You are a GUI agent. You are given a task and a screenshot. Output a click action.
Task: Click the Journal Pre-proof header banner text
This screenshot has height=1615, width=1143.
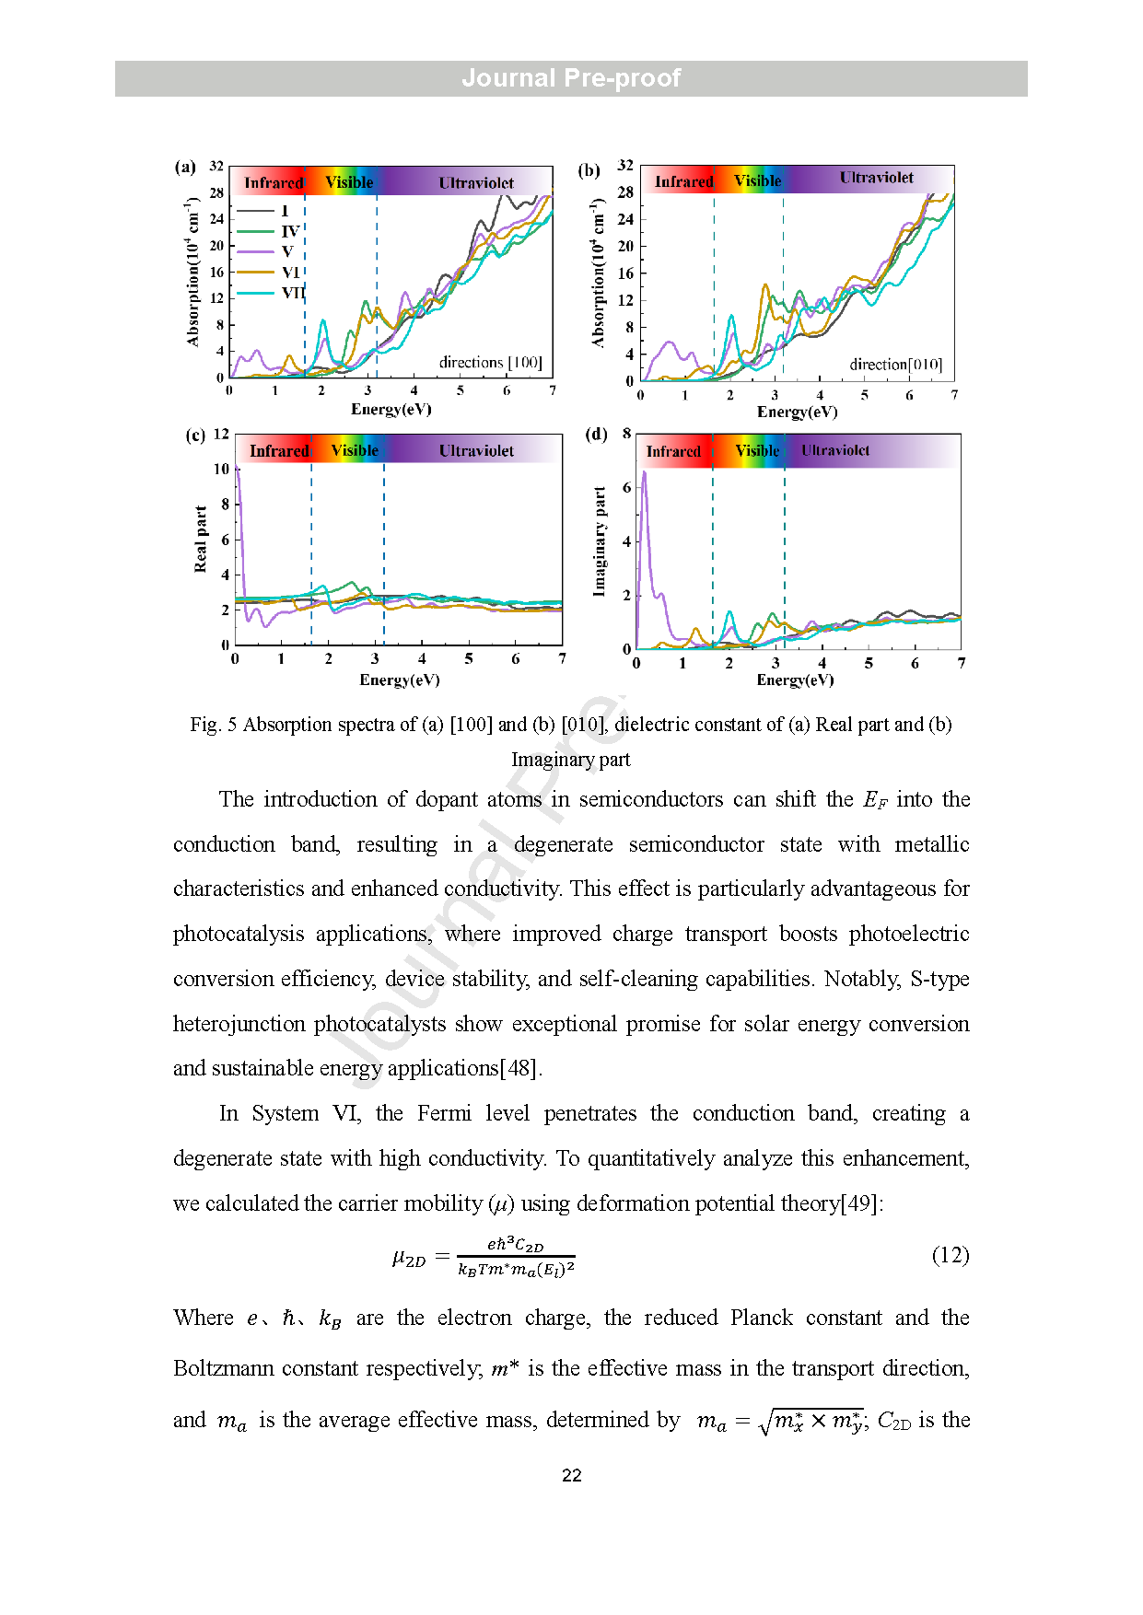(571, 78)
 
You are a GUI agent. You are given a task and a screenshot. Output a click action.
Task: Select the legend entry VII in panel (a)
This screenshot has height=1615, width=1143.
(293, 293)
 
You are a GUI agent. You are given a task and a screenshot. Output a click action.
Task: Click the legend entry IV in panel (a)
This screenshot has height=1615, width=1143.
(290, 231)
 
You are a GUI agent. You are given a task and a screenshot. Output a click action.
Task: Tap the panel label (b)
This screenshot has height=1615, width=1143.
(589, 170)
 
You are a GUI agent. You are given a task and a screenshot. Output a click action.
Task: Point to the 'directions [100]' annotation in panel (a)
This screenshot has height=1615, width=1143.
(490, 363)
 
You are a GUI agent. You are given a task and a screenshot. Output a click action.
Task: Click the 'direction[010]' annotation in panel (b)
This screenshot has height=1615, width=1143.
(895, 365)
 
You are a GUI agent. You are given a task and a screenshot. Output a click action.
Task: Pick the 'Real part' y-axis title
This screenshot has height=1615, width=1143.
(201, 539)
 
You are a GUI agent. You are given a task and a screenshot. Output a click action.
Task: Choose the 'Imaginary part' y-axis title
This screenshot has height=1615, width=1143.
(600, 541)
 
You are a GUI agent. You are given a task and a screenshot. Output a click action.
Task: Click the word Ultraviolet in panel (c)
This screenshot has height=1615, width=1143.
(476, 451)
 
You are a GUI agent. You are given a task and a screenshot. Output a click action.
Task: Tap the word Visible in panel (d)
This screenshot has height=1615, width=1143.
(757, 451)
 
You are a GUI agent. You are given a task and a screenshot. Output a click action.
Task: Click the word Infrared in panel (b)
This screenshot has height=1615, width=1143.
(683, 182)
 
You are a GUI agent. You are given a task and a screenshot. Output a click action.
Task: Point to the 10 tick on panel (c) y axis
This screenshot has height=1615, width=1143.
(221, 469)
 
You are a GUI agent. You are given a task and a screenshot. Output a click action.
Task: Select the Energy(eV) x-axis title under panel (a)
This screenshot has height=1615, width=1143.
(391, 410)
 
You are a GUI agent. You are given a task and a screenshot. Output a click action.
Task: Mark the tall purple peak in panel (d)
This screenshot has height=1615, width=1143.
(644, 474)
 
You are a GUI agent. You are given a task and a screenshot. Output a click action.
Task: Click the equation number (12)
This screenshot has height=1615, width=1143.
(951, 1255)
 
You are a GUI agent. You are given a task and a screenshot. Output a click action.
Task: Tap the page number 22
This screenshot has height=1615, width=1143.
(571, 1475)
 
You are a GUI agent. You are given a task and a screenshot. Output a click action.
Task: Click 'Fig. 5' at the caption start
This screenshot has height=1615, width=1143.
(214, 725)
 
